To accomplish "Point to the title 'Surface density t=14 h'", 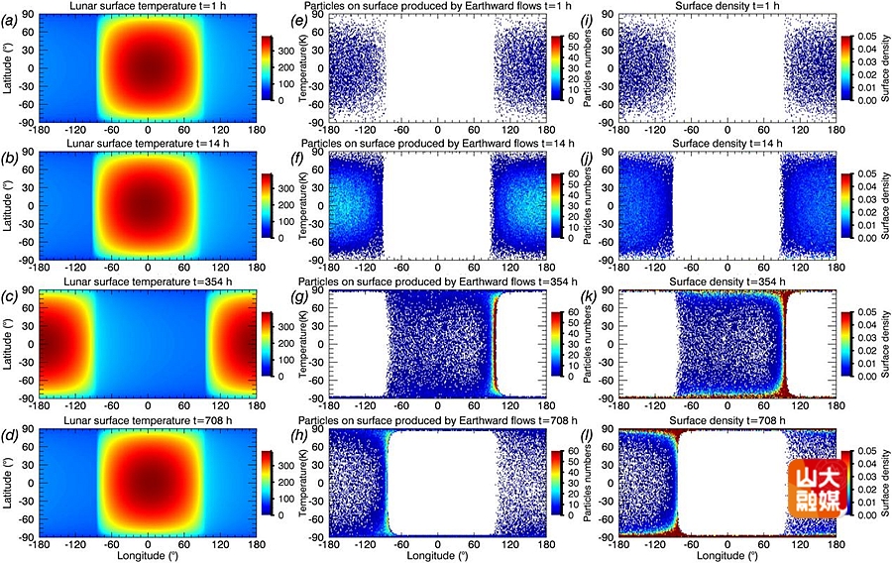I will (727, 146).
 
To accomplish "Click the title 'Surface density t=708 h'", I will (727, 423).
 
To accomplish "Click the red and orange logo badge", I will (818, 486).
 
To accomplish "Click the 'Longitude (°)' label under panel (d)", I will (149, 555).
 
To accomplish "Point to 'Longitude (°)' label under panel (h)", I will (438, 555).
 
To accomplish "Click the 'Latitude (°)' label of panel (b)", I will (10, 205).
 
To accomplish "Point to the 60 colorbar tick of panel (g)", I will (573, 313).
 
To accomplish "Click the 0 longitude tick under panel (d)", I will (149, 543).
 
